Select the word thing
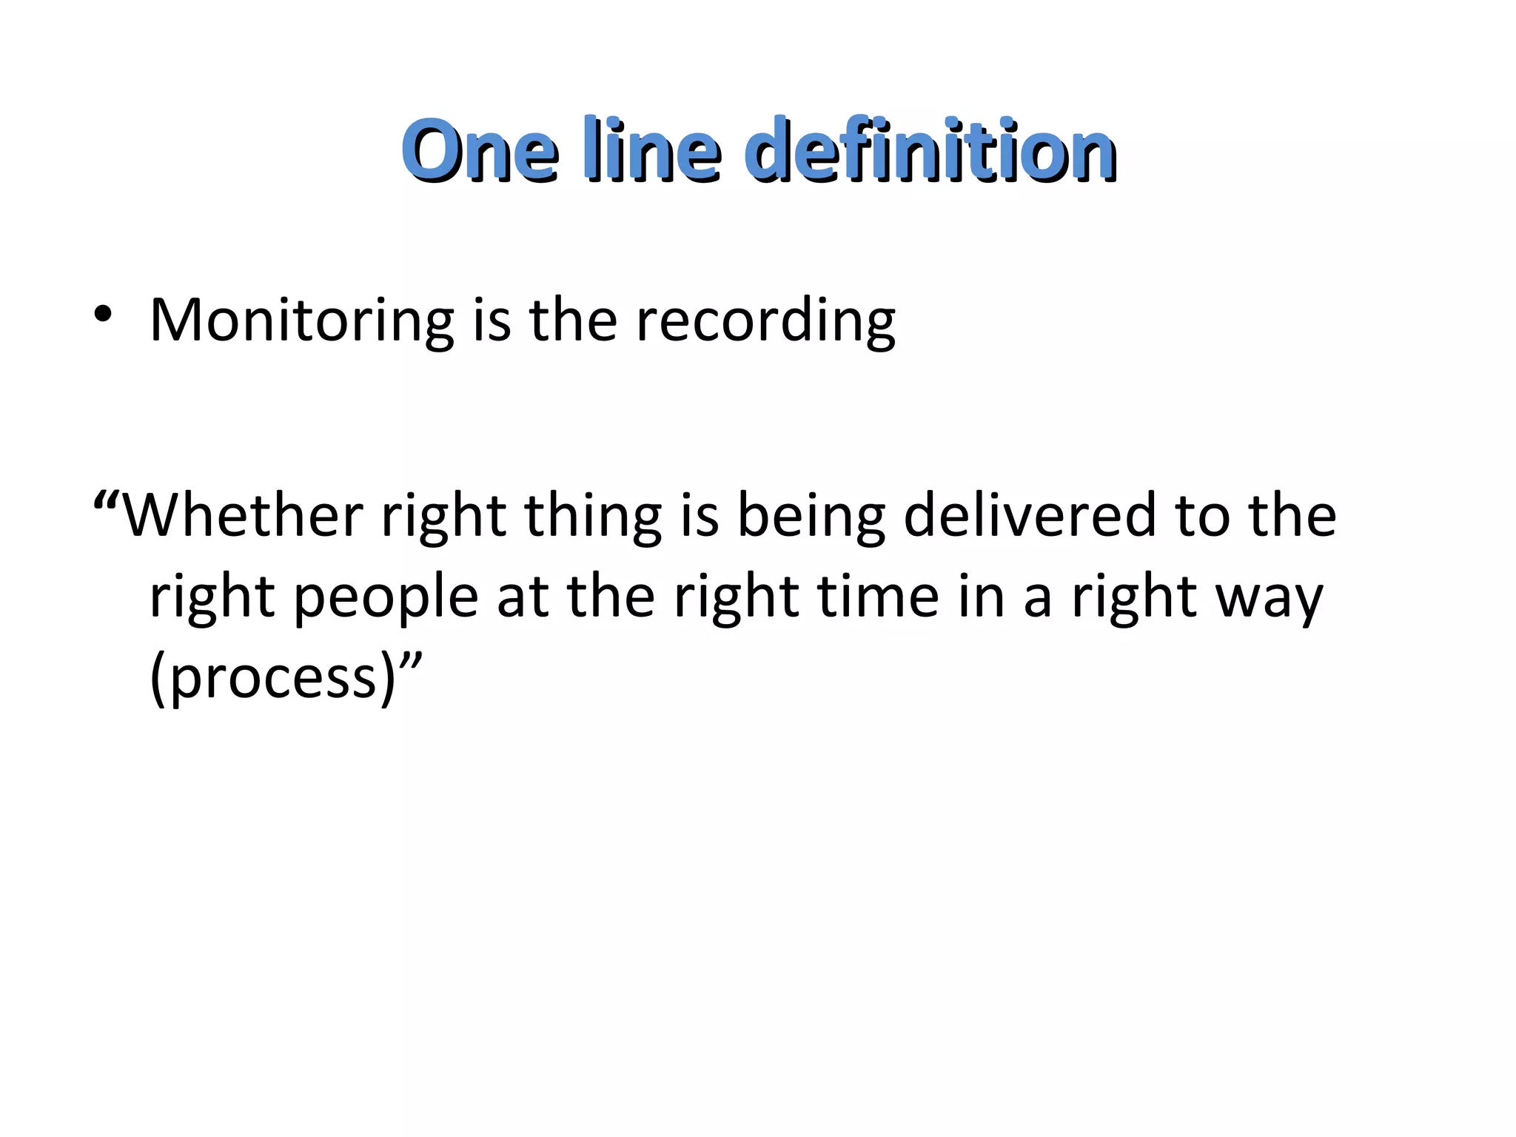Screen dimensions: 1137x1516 [x=593, y=517]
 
